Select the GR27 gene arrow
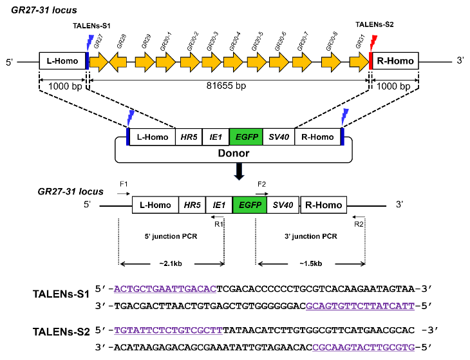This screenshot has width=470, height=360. [99, 62]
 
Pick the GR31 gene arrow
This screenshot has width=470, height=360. [359, 62]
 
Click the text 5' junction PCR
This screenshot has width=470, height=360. [171, 236]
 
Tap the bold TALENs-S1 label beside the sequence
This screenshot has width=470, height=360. [61, 294]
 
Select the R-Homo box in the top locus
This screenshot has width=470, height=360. [395, 62]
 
